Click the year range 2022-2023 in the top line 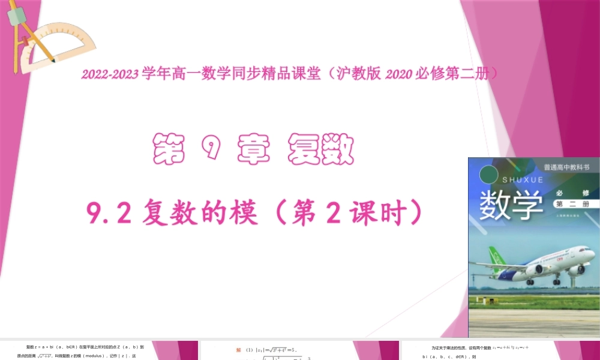[110, 74]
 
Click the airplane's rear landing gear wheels [530, 281]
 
